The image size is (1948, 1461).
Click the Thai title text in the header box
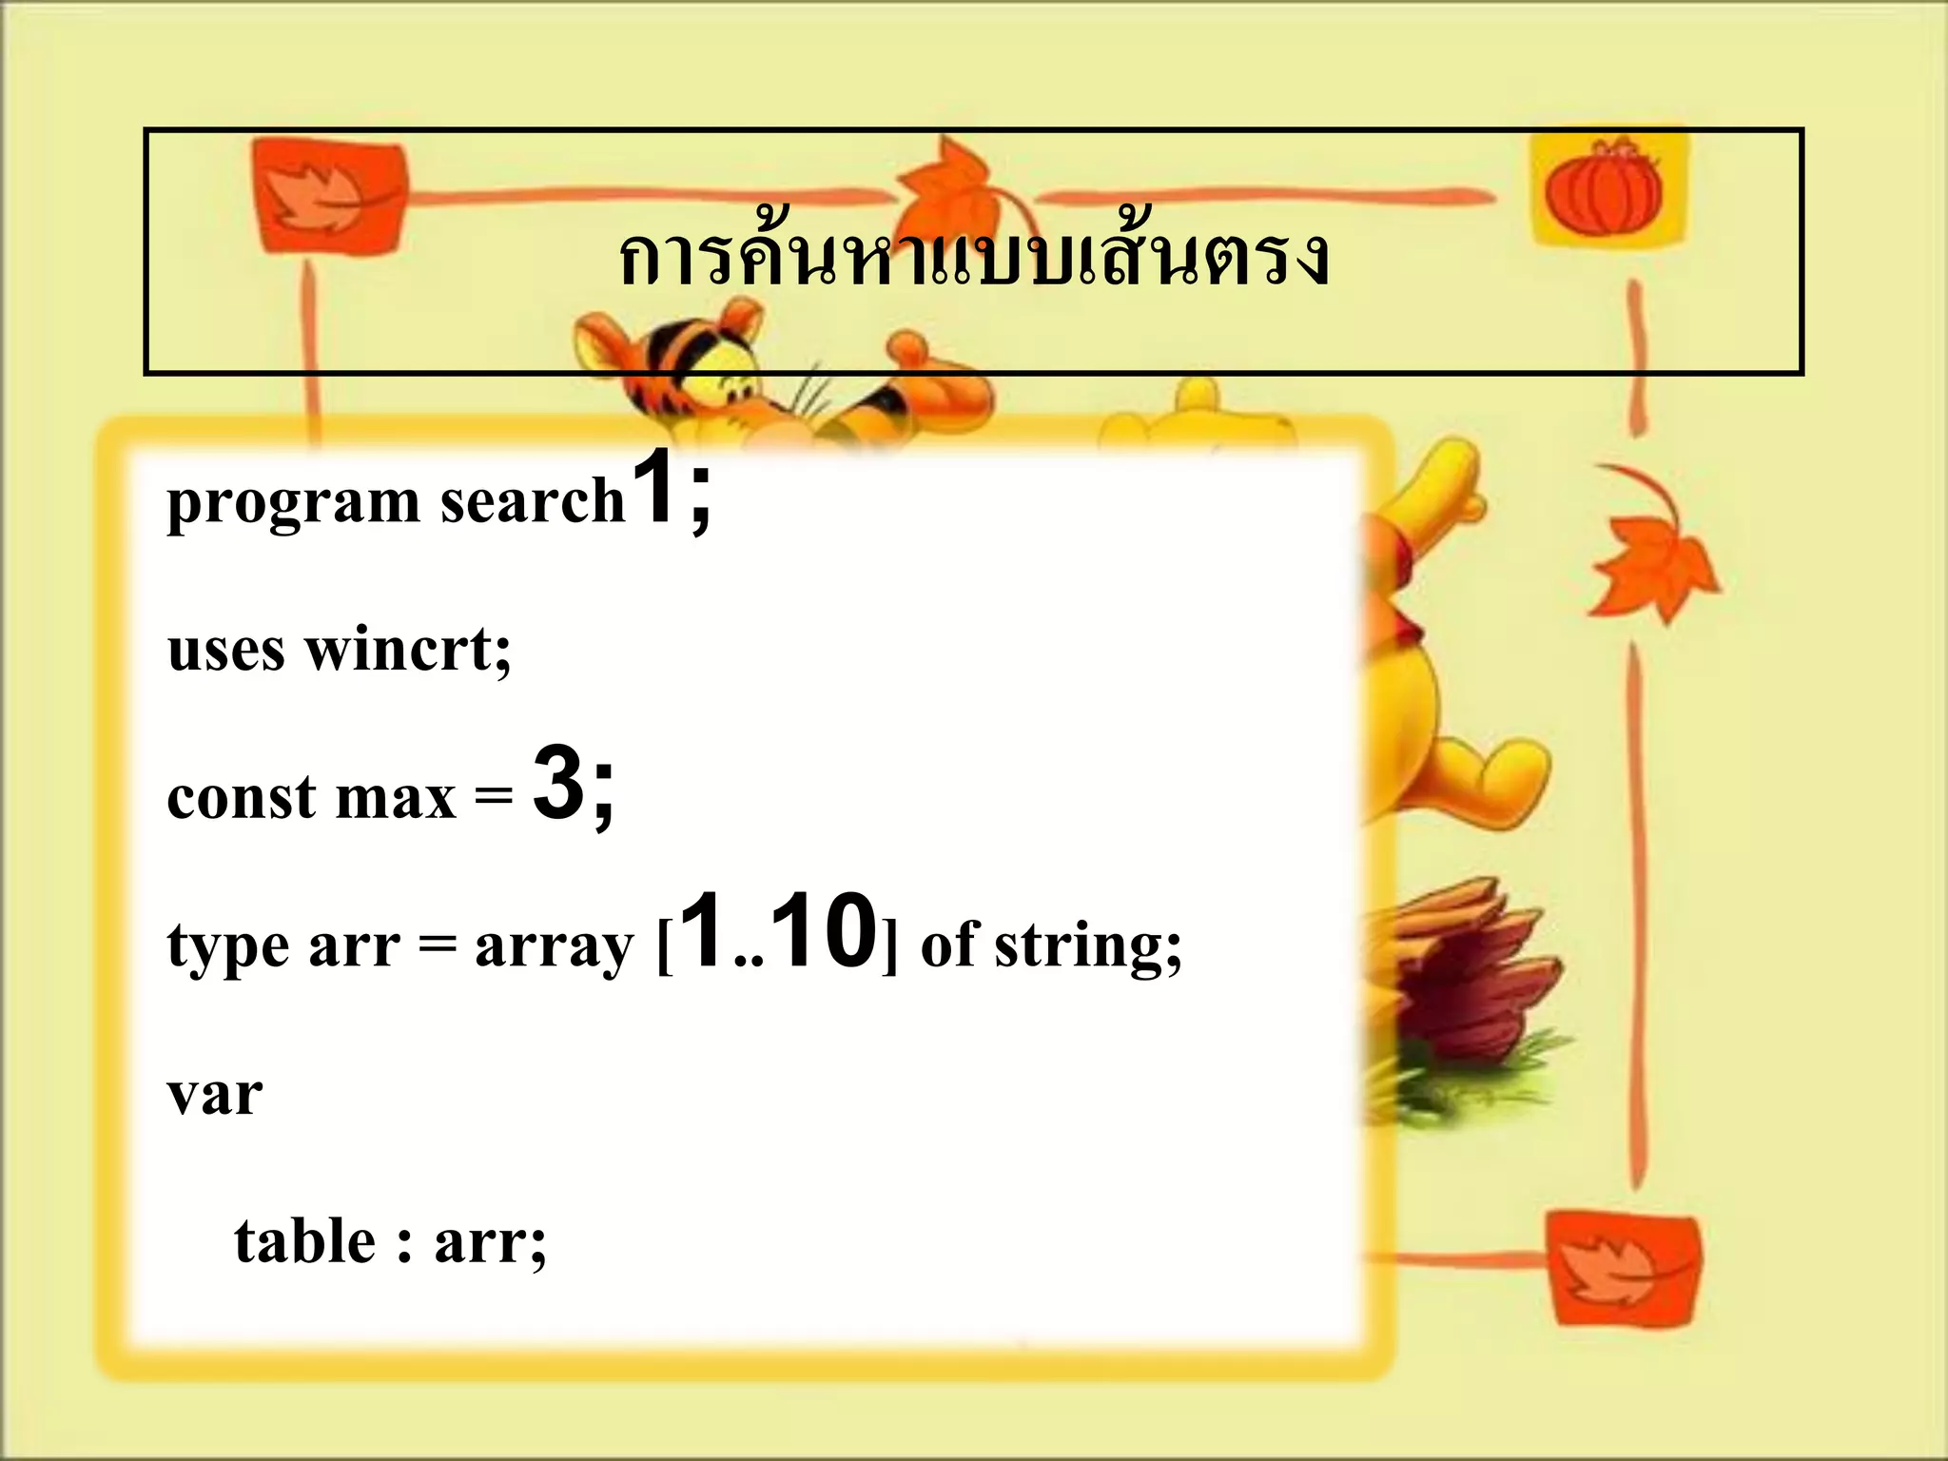pyautogui.click(x=973, y=257)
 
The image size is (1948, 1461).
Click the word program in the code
pyautogui.click(x=293, y=502)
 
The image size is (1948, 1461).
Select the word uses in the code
pyautogui.click(x=225, y=651)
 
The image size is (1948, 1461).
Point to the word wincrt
pyautogui.click(x=407, y=650)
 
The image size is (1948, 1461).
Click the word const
pyautogui.click(x=242, y=797)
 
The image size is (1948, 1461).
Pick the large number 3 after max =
pyautogui.click(x=558, y=785)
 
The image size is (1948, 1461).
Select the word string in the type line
pyautogui.click(x=1087, y=947)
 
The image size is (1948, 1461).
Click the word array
pyautogui.click(x=554, y=947)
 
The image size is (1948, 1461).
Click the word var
pyautogui.click(x=215, y=1094)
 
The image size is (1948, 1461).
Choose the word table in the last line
pyautogui.click(x=304, y=1241)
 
